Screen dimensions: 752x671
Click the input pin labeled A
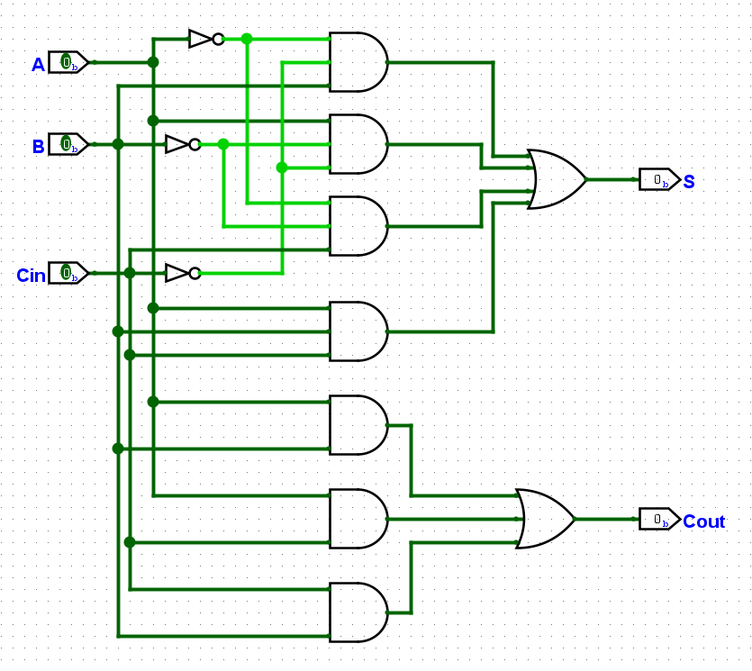68,62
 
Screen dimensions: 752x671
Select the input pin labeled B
68,144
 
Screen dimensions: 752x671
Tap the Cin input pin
68,274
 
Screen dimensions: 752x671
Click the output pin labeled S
660,180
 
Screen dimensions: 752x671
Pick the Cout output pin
660,520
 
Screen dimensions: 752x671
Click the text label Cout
703,521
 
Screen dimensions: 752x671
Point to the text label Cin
31,276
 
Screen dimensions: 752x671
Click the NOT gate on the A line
206,39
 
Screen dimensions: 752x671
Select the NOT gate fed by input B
183,144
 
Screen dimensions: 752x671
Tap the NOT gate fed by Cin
183,274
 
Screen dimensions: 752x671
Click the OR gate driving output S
557,179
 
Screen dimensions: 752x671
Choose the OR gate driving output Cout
545,519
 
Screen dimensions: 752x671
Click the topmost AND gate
358,62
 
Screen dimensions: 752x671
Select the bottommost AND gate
358,612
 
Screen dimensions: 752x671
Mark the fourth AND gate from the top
358,331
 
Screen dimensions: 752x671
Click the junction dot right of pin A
153,62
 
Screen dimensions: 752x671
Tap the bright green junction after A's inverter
247,39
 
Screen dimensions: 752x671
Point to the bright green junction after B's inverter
223,144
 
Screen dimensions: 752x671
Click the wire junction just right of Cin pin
130,274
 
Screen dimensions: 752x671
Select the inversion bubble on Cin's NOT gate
195,274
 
